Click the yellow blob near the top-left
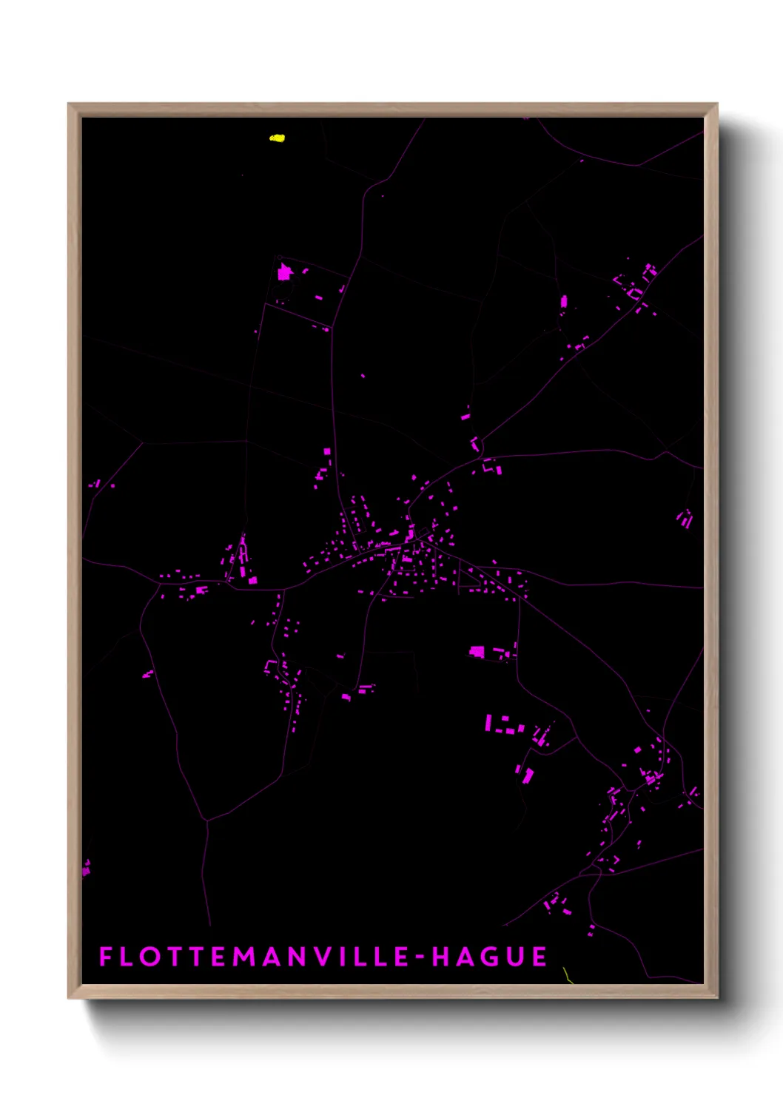(277, 138)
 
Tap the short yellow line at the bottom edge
(567, 975)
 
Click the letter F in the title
(105, 957)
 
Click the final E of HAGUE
(540, 957)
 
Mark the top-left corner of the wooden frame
(69, 104)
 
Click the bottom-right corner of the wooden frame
(716, 997)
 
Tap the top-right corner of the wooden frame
(716, 104)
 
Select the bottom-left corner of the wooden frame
(69, 997)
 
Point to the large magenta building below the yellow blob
(284, 273)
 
